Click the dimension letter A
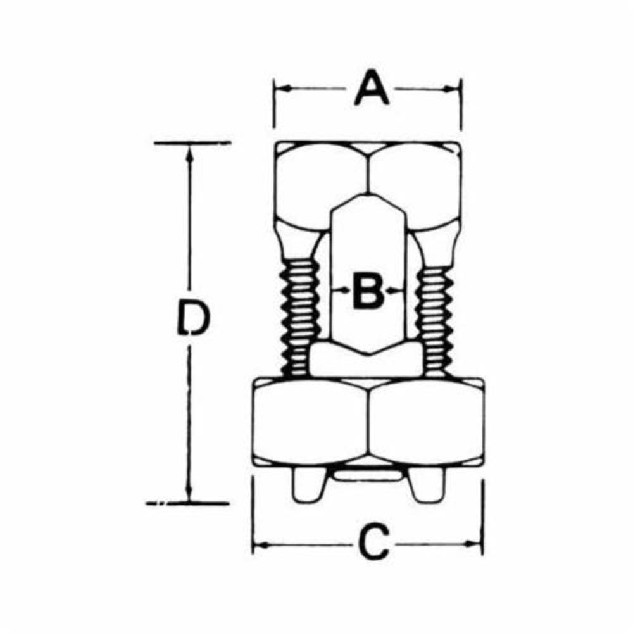(372, 88)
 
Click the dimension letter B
(367, 291)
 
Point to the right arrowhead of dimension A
(452, 89)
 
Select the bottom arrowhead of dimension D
(189, 493)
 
